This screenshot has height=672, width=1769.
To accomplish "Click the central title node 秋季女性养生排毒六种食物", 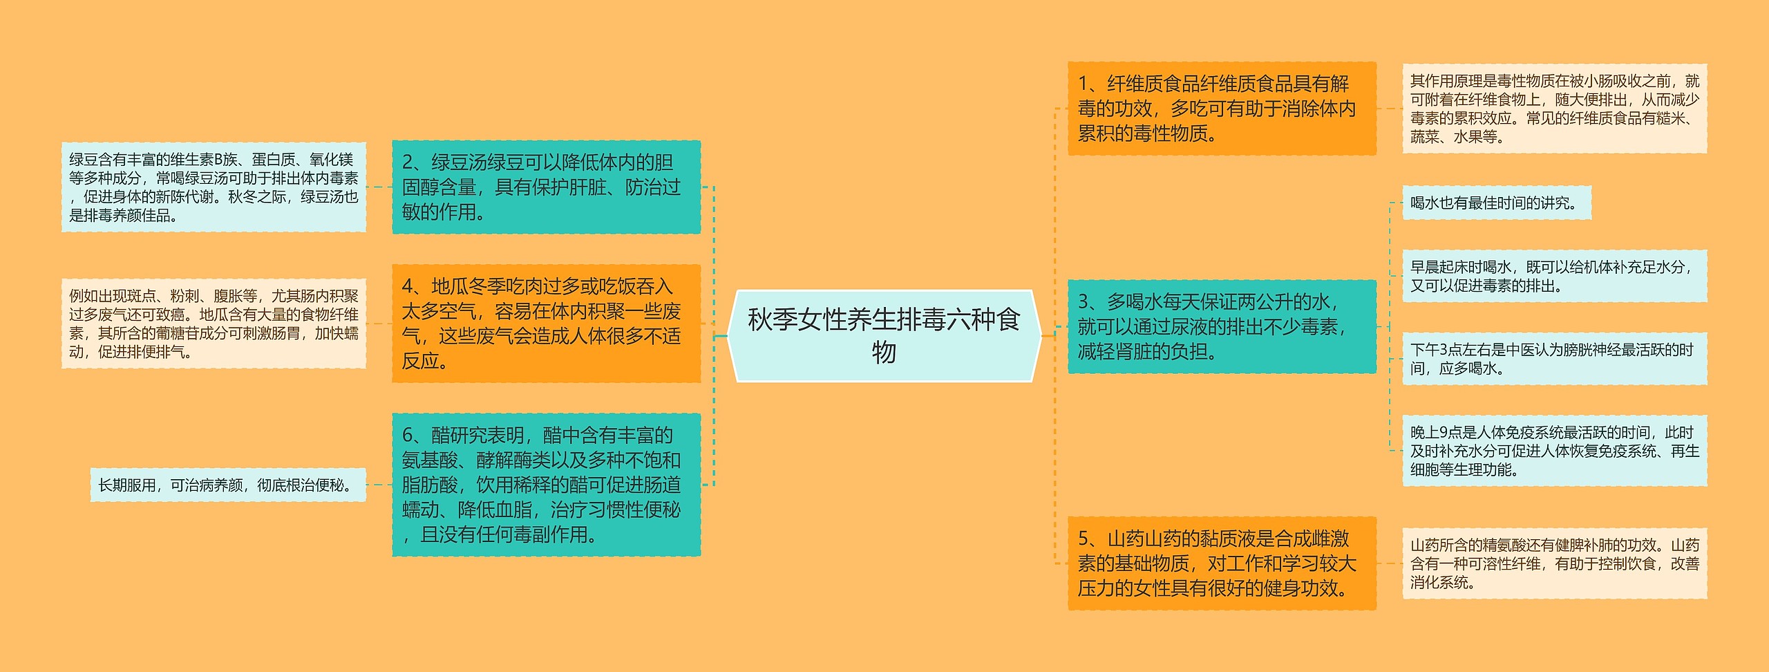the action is (884, 336).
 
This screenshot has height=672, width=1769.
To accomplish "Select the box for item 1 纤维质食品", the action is (1221, 109).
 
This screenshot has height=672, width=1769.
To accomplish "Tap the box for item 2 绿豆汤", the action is (546, 187).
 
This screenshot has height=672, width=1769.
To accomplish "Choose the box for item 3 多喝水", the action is (1221, 326).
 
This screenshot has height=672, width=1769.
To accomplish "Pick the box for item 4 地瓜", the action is (546, 324).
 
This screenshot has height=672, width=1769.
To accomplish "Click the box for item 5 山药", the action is (1221, 563).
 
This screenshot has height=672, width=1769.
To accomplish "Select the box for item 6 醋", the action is (546, 485).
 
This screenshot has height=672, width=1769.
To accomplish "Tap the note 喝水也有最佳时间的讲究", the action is (1496, 203).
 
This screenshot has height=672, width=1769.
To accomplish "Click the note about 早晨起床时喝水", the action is (1554, 276).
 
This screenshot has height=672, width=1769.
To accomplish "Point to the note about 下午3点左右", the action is (1554, 359).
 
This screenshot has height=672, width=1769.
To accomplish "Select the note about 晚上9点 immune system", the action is (1554, 451).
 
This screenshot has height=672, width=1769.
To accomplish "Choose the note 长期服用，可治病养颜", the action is (227, 485).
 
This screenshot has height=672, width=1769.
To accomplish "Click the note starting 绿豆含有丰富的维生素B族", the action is (213, 187).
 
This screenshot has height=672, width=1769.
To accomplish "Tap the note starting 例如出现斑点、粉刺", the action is (213, 324).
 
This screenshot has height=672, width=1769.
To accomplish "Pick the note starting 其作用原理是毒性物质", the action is (1554, 109).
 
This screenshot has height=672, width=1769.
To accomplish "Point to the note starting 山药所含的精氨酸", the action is (1554, 563).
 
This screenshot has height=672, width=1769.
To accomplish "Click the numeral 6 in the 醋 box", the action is (408, 436).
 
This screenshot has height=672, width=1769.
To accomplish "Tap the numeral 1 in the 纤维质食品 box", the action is (1084, 84).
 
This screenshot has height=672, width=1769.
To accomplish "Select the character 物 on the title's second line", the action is (884, 353).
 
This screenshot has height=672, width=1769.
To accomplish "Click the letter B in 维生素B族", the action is (218, 160).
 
